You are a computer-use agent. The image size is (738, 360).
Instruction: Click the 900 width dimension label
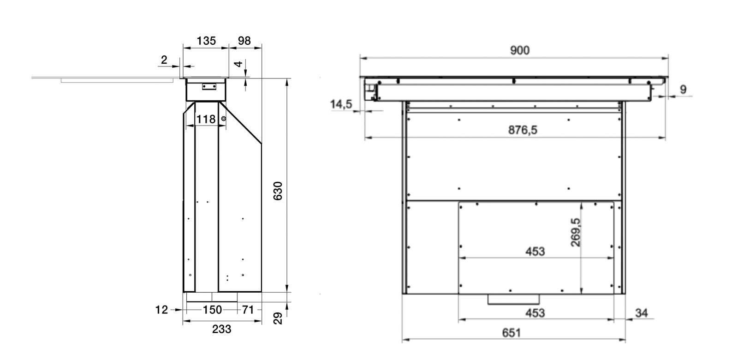520,50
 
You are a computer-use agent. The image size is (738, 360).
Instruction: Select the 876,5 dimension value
523,130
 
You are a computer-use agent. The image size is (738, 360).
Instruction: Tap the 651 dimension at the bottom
512,333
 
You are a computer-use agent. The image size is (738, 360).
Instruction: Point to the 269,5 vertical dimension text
576,232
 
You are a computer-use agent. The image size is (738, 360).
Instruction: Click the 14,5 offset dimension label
341,104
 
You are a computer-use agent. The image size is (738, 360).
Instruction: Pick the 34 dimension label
642,313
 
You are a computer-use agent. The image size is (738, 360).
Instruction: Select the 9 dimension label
683,90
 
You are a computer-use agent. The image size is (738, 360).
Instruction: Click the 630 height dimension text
278,191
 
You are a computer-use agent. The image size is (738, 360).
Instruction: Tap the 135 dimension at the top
206,41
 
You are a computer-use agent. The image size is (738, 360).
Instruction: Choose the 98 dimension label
244,41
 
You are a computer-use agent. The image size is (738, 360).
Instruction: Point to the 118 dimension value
206,119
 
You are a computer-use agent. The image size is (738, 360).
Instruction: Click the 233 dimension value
222,329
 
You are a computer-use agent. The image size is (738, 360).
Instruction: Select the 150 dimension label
212,310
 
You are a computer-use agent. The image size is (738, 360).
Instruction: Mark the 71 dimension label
248,310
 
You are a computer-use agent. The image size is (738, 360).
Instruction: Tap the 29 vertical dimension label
278,318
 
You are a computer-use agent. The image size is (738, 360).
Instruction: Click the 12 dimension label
161,310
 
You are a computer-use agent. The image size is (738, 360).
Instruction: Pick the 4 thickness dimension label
238,64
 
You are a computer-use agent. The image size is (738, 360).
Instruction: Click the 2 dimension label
164,60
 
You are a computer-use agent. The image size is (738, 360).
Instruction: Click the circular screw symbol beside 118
224,119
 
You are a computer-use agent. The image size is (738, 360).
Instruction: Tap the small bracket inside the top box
209,87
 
